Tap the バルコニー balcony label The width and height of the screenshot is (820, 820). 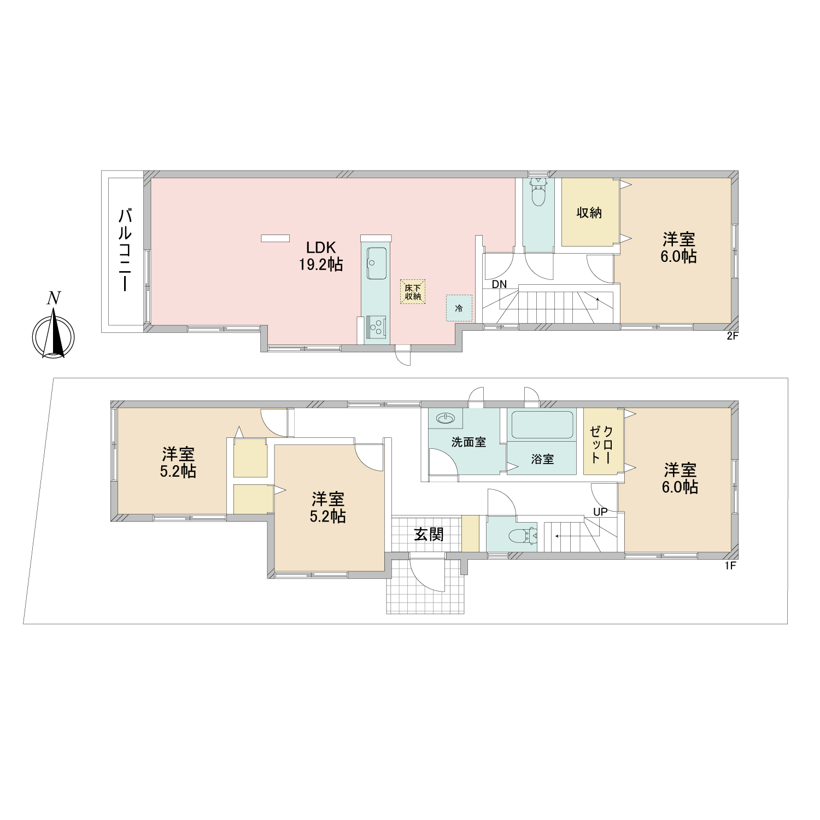(x=125, y=249)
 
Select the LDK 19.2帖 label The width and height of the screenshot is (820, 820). (x=321, y=256)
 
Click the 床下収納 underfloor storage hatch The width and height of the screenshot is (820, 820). (x=413, y=292)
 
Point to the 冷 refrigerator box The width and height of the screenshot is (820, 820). (x=459, y=308)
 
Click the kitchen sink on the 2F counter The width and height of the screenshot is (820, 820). (x=376, y=263)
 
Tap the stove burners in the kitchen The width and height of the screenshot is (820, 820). (x=376, y=326)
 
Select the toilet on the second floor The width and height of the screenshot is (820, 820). (x=539, y=191)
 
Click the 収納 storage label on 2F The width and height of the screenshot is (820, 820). (x=589, y=213)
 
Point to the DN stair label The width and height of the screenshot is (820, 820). (x=499, y=284)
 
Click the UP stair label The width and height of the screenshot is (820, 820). (x=600, y=512)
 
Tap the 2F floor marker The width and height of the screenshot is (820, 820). (x=733, y=336)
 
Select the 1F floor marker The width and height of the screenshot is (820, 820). (x=731, y=566)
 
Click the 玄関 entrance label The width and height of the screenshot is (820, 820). (x=429, y=534)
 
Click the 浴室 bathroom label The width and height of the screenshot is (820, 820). (x=542, y=459)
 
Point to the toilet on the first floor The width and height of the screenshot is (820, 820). (x=523, y=536)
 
